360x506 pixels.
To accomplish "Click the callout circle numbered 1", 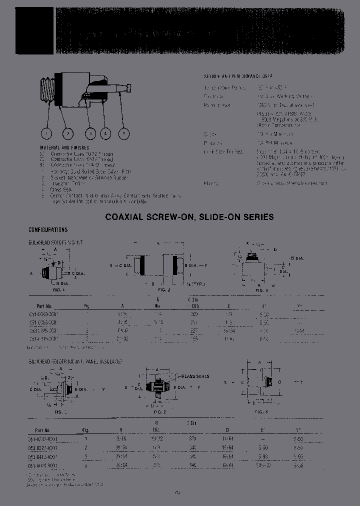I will pyautogui.click(x=46, y=133).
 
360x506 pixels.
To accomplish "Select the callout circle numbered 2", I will pyautogui.click(x=68, y=133).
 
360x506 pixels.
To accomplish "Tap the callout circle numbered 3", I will pyautogui.click(x=90, y=133).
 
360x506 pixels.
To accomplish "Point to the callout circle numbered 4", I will pyautogui.click(x=105, y=133).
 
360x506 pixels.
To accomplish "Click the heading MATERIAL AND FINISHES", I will pyautogui.click(x=64, y=148).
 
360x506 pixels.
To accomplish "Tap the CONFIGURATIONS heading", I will pyautogui.click(x=48, y=230).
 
